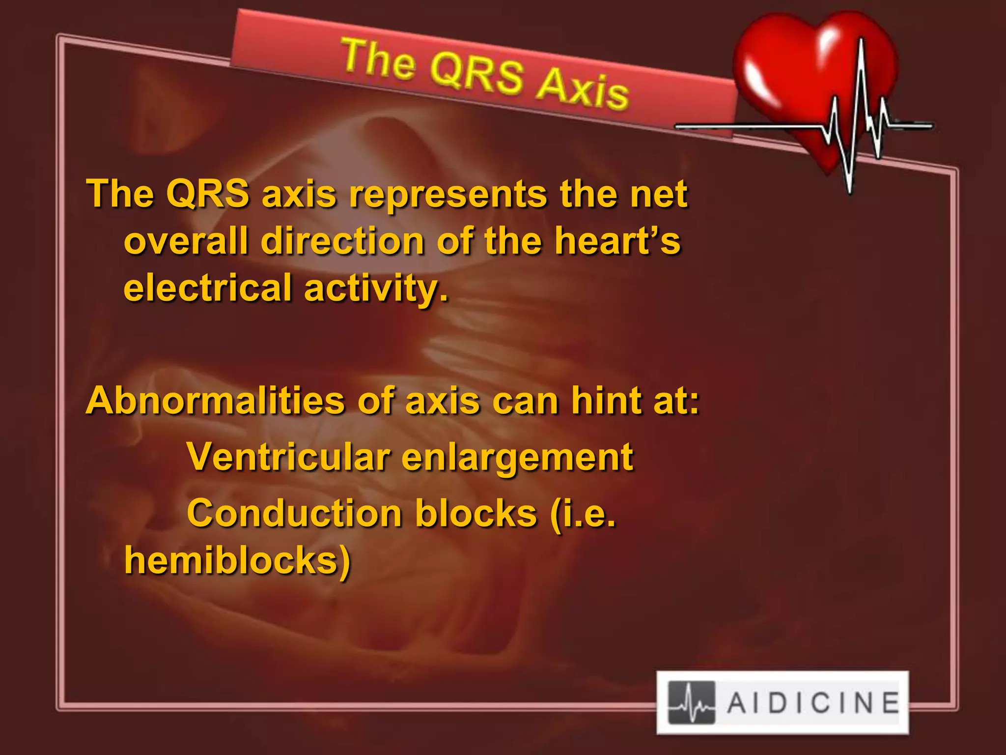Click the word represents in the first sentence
point(447,194)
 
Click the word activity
point(376,289)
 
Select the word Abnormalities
point(215,401)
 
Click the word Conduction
point(295,514)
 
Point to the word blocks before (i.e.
point(476,514)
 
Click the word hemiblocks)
point(238,560)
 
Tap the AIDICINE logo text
point(813,702)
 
